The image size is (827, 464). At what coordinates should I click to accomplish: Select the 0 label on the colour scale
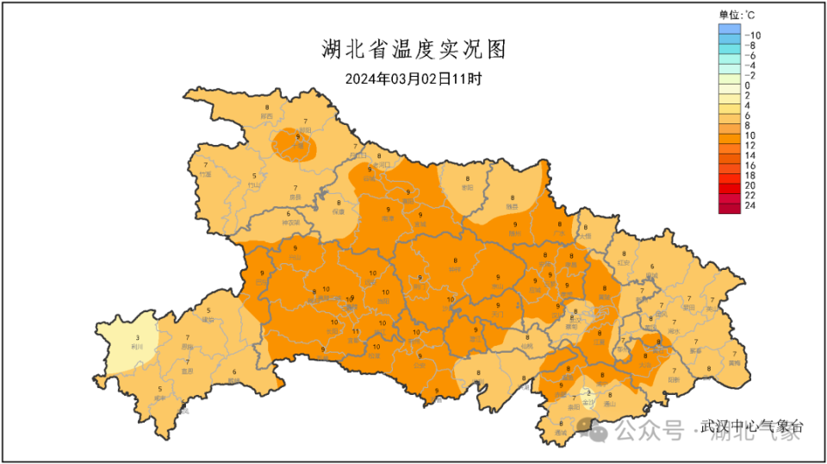tap(747, 85)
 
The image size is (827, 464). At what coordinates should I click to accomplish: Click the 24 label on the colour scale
tap(749, 206)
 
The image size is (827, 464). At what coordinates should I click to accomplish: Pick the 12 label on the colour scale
tap(749, 146)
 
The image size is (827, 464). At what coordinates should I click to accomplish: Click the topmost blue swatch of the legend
tap(729, 29)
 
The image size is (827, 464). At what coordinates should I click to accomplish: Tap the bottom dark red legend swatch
tap(729, 206)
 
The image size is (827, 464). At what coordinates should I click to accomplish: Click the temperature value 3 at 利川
tap(137, 337)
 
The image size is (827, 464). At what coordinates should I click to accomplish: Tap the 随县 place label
tap(512, 207)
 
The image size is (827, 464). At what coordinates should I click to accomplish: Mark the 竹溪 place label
tap(205, 174)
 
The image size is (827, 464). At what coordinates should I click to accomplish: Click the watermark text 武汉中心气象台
tap(751, 426)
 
